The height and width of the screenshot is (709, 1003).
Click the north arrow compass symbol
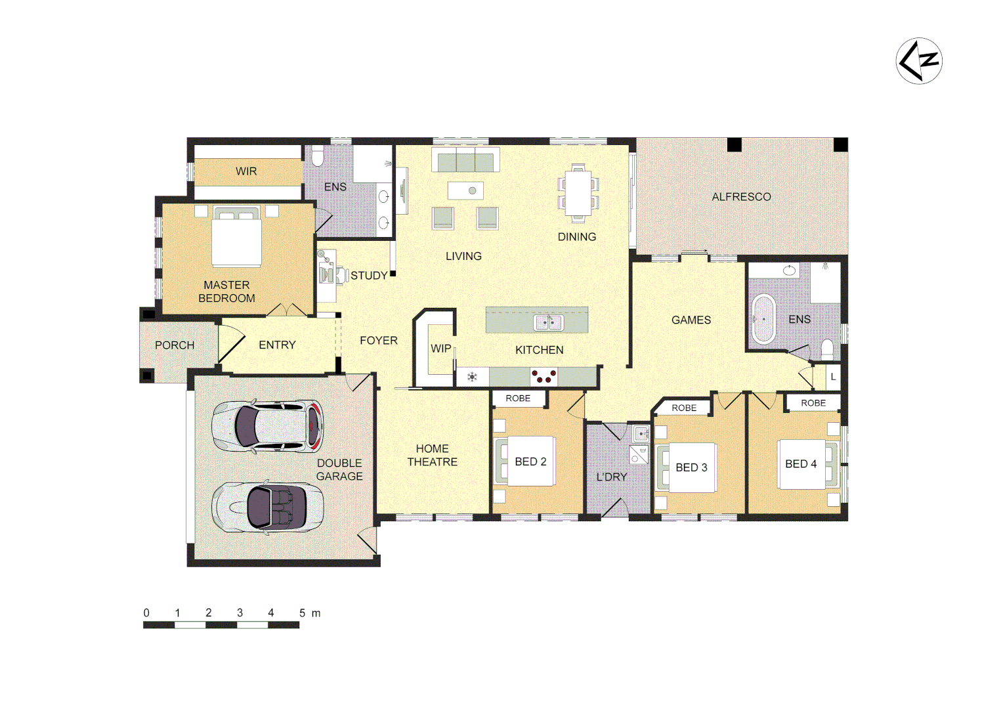[918, 61]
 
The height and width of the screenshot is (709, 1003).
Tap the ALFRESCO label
[741, 197]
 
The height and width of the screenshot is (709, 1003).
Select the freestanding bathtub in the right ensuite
[763, 319]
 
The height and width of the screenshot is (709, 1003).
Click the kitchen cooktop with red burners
[544, 377]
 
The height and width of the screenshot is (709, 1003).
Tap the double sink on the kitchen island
[548, 322]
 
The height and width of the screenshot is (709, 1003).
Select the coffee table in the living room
[465, 191]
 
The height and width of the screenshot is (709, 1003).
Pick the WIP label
[440, 349]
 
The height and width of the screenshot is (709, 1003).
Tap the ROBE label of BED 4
[813, 403]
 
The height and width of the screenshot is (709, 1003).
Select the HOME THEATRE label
[432, 455]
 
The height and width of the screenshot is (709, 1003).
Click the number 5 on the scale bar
[302, 612]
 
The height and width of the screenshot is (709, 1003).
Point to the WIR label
[246, 171]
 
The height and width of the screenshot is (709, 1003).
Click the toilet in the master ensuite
[318, 156]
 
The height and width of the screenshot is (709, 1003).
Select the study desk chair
[340, 274]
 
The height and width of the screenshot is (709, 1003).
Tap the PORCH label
[175, 345]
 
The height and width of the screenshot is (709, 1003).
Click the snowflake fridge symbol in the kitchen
[472, 377]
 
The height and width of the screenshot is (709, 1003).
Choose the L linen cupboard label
[833, 377]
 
